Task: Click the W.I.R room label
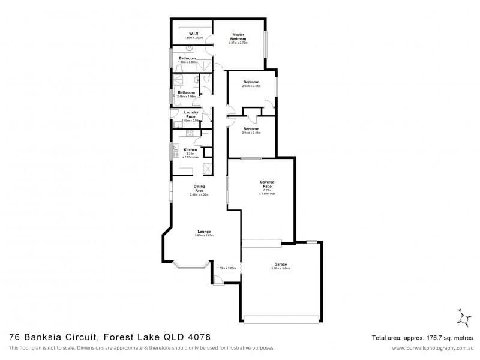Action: (x=194, y=34)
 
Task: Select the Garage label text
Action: (x=280, y=265)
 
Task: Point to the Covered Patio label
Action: (x=267, y=185)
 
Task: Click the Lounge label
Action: (x=204, y=232)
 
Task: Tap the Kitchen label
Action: (x=190, y=149)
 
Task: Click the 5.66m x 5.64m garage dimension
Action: (x=280, y=269)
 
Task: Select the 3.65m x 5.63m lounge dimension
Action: (x=204, y=236)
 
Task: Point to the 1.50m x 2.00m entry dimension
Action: (x=225, y=268)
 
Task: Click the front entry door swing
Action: (x=217, y=278)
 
